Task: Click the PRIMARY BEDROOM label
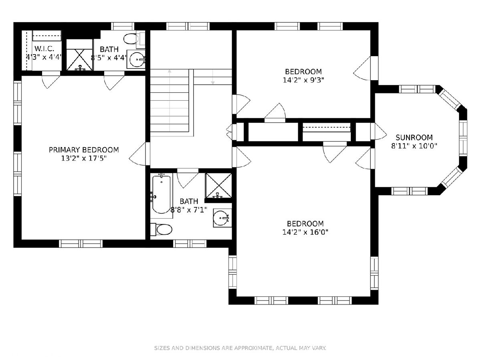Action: [84, 150]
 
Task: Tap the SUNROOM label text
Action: [414, 138]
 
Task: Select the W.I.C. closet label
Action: [44, 49]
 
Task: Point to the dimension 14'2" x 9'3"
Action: [303, 80]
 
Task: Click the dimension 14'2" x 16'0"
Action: [305, 232]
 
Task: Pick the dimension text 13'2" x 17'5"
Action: [84, 158]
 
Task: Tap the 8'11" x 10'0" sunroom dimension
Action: [414, 146]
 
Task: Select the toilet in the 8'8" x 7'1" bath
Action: [162, 229]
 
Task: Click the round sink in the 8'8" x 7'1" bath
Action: [222, 218]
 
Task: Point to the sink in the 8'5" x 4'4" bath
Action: [137, 59]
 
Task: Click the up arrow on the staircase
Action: [170, 100]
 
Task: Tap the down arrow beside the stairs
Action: [212, 77]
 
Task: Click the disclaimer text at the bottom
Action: [240, 348]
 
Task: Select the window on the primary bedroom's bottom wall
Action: [81, 243]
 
